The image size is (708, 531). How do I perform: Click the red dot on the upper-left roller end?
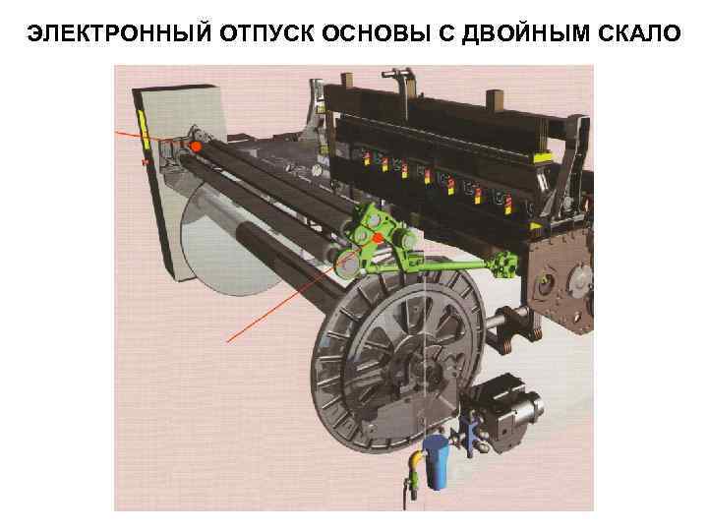coord(196,147)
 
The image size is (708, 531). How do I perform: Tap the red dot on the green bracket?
coord(377,238)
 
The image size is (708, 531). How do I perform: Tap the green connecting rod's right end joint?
coord(506,263)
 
